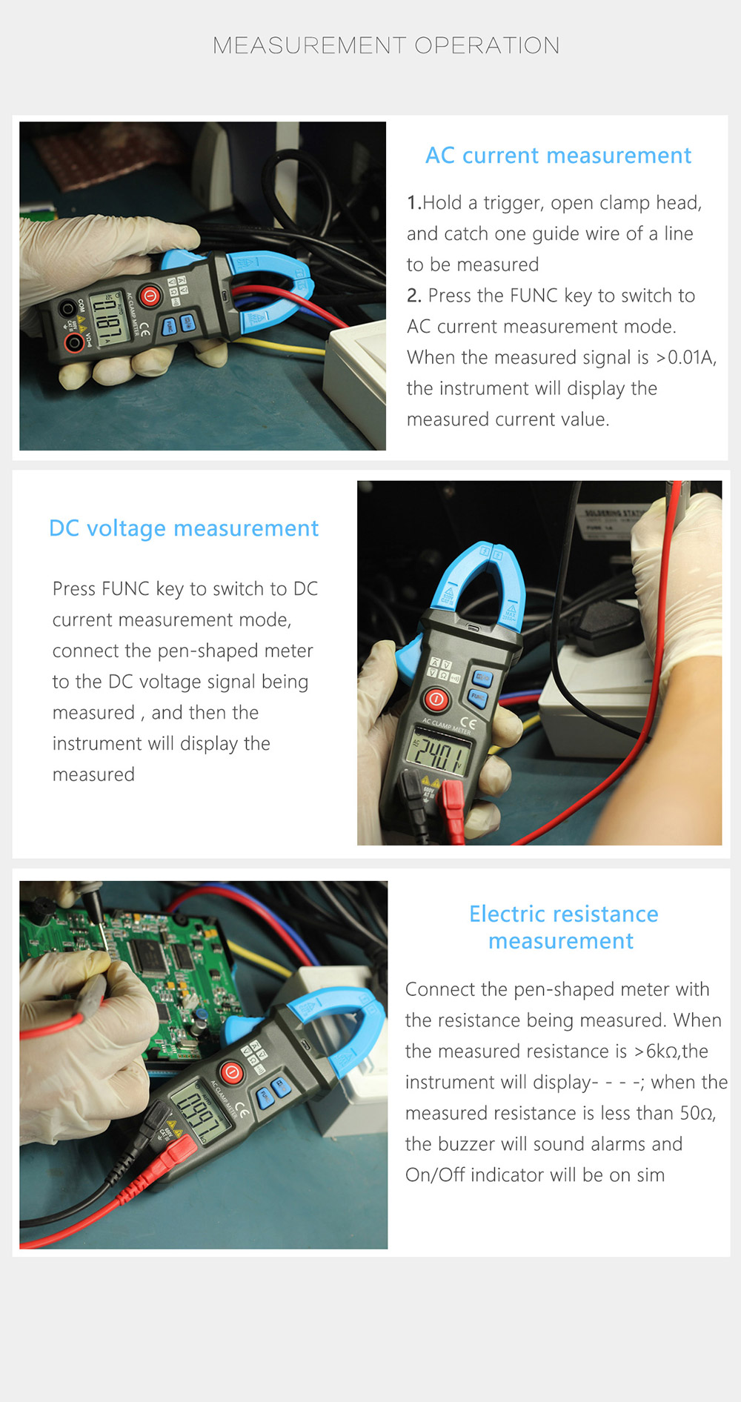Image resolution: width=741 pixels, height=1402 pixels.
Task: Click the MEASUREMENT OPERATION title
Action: pos(385,46)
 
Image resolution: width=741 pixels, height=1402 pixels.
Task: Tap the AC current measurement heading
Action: pos(557,156)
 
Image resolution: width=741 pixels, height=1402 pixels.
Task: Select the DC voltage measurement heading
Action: pos(183,528)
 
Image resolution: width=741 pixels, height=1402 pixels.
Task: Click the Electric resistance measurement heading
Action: pos(562,927)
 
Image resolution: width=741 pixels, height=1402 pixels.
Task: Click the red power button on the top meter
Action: pos(150,296)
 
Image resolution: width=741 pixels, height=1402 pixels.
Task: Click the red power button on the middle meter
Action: pos(436,699)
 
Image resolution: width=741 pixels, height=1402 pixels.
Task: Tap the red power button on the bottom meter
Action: pos(231,1072)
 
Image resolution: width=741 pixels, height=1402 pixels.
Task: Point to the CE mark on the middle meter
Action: pos(468,722)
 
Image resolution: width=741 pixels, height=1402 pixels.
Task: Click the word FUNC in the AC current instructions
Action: pos(534,296)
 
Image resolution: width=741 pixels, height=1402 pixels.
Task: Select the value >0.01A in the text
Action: pos(685,358)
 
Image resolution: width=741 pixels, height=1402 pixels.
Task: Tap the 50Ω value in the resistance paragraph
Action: pos(697,1113)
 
